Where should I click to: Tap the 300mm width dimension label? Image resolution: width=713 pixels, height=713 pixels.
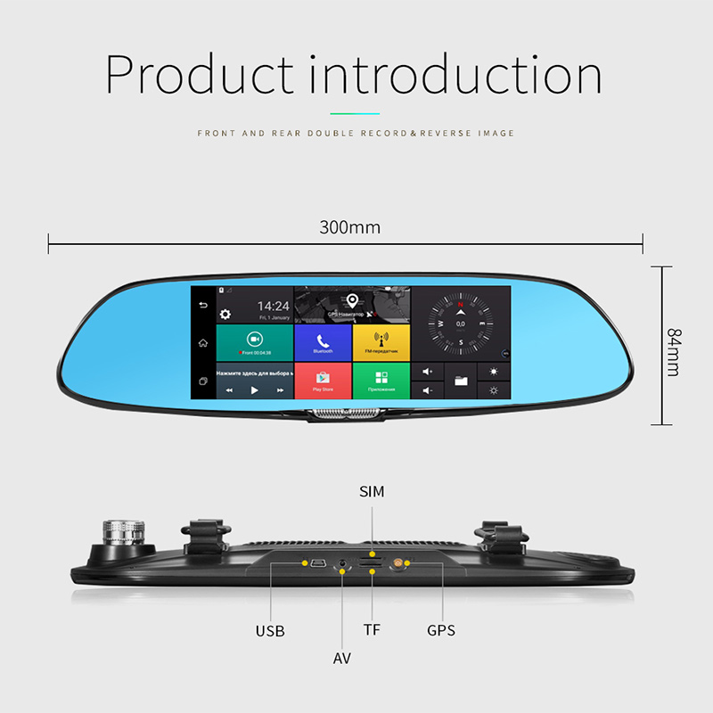pos(350,227)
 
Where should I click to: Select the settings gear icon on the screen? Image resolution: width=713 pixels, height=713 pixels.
pos(225,314)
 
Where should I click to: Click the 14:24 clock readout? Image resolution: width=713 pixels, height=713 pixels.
pos(274,307)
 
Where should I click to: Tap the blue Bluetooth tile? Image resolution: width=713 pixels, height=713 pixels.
pos(322,341)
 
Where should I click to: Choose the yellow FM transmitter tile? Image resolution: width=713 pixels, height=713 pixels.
pos(381,341)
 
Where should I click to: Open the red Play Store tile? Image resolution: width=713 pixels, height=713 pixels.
pos(322,380)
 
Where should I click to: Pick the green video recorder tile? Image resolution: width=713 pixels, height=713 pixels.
pos(255,341)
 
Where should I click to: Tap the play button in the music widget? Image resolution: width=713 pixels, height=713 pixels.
pos(254,390)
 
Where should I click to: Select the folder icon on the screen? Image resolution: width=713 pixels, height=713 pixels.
pos(461,381)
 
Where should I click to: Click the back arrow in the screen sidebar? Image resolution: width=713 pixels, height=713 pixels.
pos(202,305)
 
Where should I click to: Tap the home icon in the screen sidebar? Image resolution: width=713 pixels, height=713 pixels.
pos(202,343)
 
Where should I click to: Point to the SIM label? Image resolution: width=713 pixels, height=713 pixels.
pos(372,491)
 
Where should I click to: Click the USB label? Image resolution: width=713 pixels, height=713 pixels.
pos(270,631)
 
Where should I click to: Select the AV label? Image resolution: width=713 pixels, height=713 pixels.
pos(342,659)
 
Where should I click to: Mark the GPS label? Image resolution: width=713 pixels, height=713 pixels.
pos(440,631)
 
